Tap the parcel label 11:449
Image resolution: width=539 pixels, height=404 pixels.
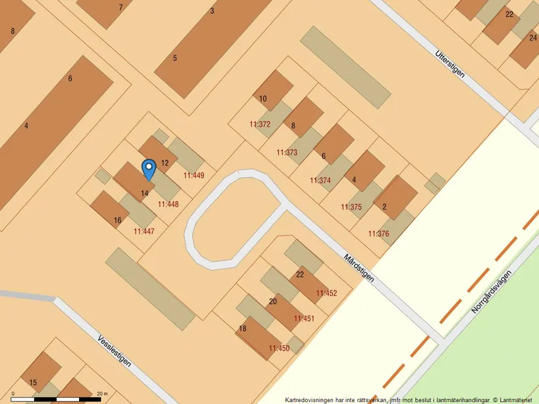(x=194, y=176)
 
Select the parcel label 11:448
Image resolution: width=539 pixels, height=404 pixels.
(x=168, y=204)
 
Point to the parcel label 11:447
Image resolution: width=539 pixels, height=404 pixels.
(x=144, y=231)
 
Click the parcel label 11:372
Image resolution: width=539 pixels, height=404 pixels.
(x=259, y=124)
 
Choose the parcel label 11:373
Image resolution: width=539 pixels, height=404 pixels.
(x=286, y=153)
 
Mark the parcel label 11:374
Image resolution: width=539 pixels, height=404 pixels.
(x=320, y=181)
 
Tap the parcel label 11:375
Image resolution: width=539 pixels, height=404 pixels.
(x=351, y=208)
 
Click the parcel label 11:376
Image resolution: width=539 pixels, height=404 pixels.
(x=378, y=234)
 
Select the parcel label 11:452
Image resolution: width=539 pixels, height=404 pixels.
(x=327, y=294)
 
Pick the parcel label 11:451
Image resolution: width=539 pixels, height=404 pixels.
(x=304, y=319)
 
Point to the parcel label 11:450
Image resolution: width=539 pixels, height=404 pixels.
(x=279, y=349)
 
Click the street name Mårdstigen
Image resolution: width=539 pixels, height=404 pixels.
(x=359, y=268)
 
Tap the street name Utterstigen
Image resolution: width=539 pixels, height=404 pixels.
(x=449, y=63)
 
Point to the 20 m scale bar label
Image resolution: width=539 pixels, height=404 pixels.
(x=101, y=394)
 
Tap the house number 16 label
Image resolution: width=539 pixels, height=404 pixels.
(x=118, y=221)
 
